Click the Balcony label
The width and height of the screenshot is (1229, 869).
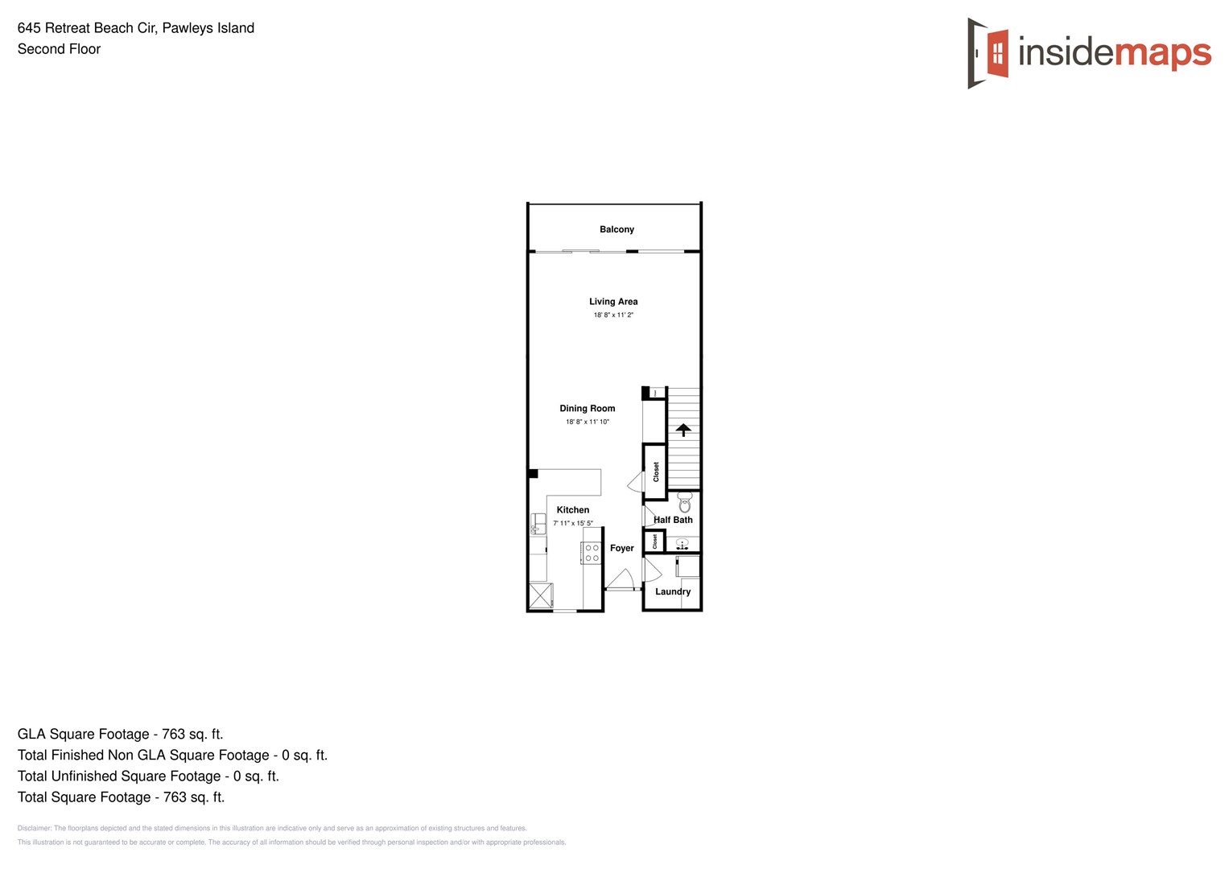point(617,229)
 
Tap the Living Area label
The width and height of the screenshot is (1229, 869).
point(613,302)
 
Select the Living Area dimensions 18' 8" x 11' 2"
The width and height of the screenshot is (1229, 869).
point(613,315)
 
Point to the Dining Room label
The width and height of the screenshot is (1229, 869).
point(588,409)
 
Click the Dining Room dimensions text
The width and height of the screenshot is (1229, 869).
point(588,422)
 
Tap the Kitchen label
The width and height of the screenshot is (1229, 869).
point(573,510)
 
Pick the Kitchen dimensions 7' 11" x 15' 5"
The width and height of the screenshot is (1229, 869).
point(573,523)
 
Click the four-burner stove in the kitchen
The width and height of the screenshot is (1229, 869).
point(592,553)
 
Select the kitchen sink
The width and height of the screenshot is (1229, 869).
point(538,523)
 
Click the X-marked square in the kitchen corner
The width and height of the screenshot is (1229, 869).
point(540,595)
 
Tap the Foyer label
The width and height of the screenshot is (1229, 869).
point(622,548)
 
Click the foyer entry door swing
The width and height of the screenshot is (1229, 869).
point(621,579)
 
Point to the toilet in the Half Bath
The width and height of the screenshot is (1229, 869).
point(685,503)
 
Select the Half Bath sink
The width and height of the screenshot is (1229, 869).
point(683,545)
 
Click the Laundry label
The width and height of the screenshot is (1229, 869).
point(673,591)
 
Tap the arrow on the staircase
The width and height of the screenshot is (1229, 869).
point(683,430)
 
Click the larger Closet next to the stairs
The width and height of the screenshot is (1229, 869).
point(655,472)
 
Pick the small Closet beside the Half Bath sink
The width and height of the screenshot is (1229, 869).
point(654,541)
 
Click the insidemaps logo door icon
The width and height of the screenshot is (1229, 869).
point(988,53)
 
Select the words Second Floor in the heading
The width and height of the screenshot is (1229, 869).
point(59,49)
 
